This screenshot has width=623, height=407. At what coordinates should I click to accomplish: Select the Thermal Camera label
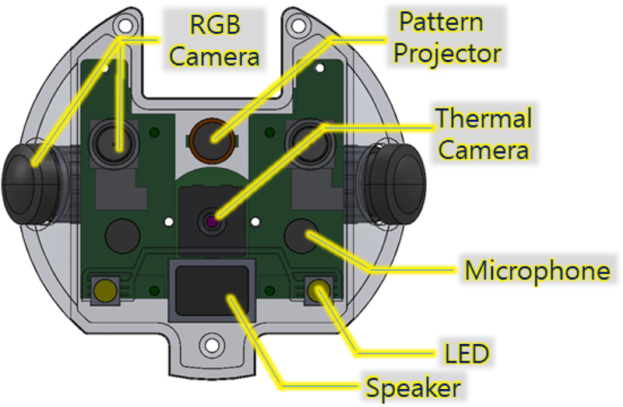(483, 133)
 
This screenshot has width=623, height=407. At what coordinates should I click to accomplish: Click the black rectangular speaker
(212, 290)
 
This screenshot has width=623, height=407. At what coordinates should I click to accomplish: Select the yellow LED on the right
(317, 291)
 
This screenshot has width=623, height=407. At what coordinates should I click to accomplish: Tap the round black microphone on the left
(121, 233)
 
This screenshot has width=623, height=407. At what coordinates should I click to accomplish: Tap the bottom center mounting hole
(210, 343)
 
